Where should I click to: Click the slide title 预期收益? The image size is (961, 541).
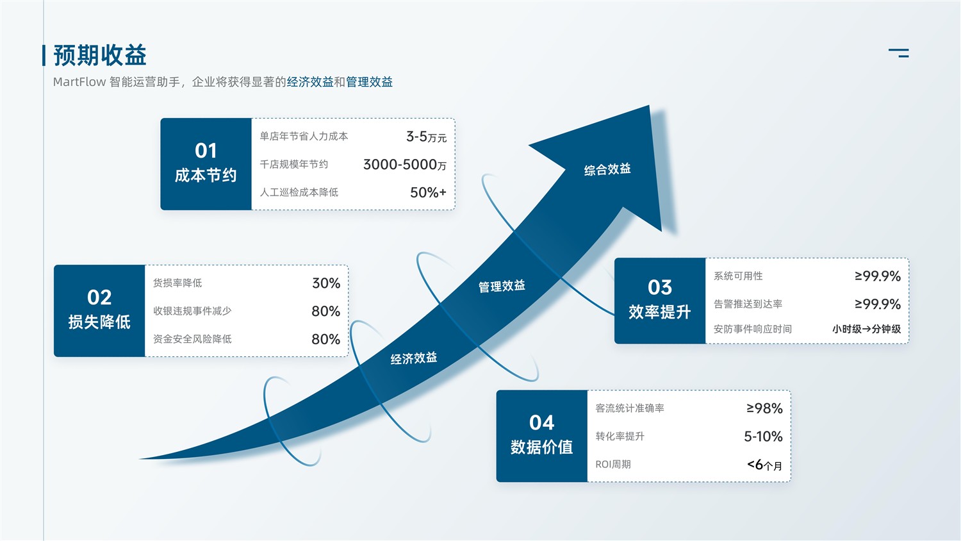(100, 55)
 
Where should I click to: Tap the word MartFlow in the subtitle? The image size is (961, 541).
(79, 81)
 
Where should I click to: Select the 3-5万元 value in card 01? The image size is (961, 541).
(427, 137)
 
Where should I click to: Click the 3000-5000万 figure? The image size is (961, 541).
(404, 165)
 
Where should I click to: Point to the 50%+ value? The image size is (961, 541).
(428, 192)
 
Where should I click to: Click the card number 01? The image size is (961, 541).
(206, 151)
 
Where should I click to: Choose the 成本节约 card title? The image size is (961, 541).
(206, 175)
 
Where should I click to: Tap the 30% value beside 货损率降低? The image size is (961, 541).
(326, 283)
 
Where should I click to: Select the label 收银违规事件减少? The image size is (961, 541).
(192, 311)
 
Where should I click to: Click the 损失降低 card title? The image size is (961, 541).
(99, 322)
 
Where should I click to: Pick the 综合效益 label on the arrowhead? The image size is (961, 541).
(607, 169)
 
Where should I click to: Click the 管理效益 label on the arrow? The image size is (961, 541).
(502, 286)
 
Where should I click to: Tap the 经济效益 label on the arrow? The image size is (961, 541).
(414, 358)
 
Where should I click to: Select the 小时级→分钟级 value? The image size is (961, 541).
(867, 329)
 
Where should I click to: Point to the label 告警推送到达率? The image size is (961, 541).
(748, 304)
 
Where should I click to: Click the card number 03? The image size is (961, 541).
(660, 287)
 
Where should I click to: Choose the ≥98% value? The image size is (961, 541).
(764, 408)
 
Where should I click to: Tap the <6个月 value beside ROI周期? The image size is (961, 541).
(764, 465)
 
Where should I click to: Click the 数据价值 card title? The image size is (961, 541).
(541, 447)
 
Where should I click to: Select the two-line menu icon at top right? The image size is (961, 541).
(899, 53)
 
